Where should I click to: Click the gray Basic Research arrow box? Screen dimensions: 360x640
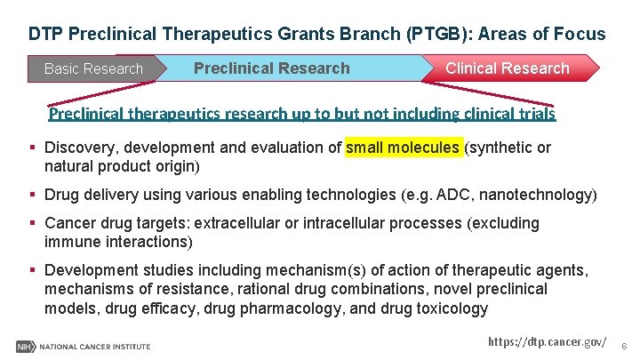(x=93, y=68)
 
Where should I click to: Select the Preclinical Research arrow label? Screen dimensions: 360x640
(x=271, y=68)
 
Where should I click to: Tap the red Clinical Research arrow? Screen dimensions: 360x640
(x=507, y=68)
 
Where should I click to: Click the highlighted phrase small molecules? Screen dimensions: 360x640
(x=403, y=148)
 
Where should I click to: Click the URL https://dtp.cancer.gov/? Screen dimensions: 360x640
(x=548, y=342)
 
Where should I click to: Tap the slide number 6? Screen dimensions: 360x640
(x=624, y=345)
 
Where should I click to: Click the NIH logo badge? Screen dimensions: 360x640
(x=25, y=346)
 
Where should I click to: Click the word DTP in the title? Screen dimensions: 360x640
(x=45, y=35)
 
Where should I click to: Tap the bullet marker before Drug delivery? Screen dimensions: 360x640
(x=33, y=195)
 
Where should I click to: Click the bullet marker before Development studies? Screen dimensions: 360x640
(x=33, y=270)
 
